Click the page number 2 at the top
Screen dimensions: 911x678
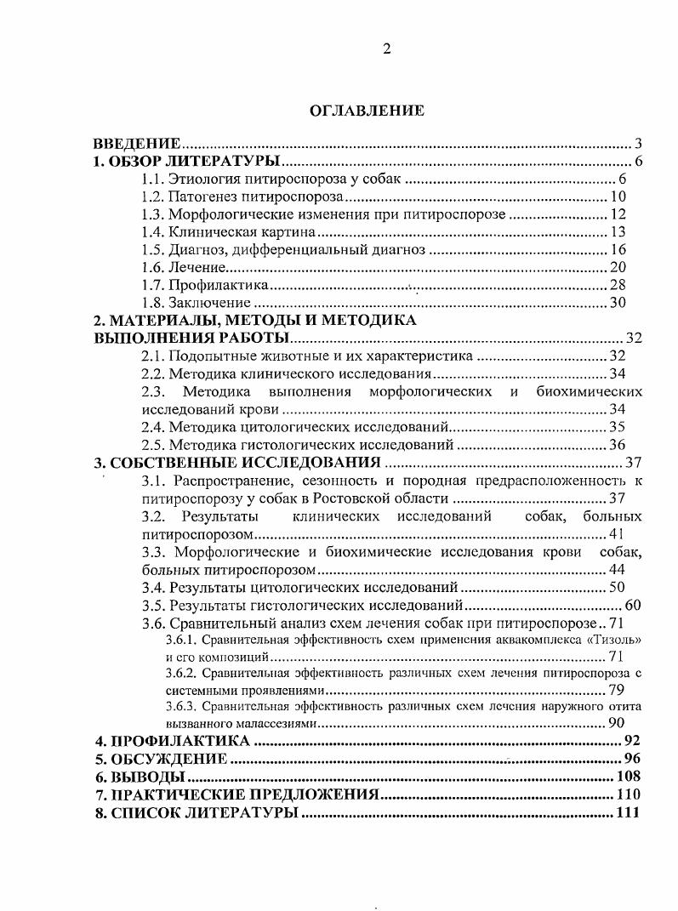coord(386,48)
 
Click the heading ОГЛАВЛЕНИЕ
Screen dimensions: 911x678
coord(366,111)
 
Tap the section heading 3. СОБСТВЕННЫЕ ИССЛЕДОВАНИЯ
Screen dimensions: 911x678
coord(236,463)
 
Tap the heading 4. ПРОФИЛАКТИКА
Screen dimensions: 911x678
coord(171,741)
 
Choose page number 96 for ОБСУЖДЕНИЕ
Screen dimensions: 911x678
coord(630,759)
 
